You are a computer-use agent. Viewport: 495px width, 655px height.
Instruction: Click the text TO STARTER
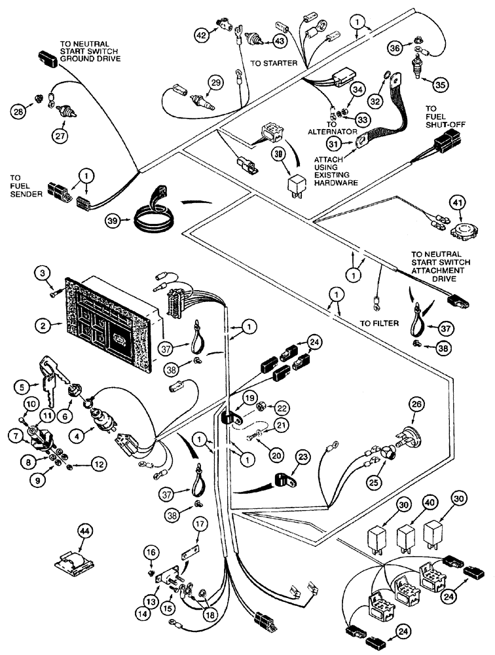[x=274, y=63]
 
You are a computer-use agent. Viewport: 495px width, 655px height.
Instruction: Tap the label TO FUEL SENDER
[x=26, y=185]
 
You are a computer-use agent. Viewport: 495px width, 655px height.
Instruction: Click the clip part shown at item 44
[x=77, y=564]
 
